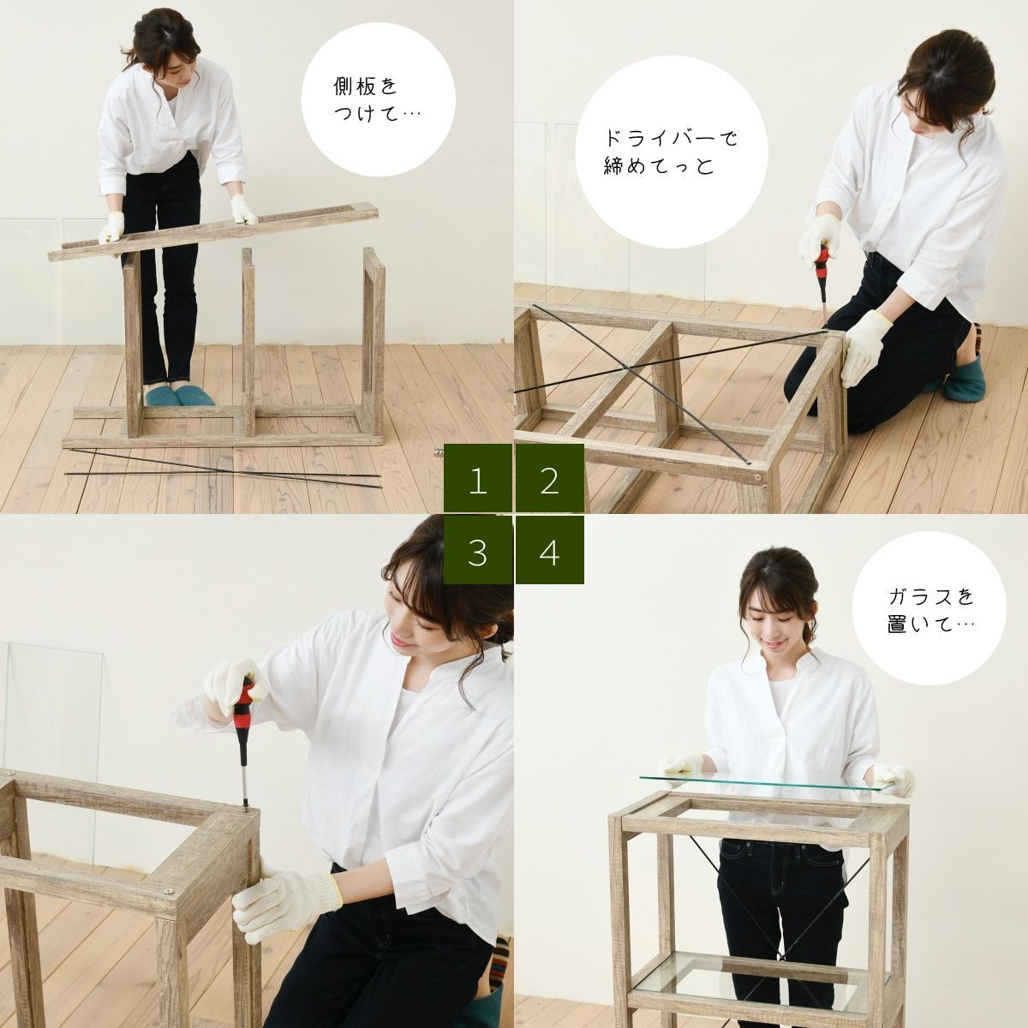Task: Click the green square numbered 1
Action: click(x=478, y=481)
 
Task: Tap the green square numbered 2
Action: click(x=550, y=481)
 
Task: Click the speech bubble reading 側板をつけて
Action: click(x=378, y=100)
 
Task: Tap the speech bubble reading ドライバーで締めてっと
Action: click(x=669, y=152)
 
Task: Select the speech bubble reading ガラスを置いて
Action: click(x=930, y=609)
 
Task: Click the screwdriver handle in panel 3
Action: click(x=242, y=703)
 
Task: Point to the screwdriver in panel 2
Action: click(x=821, y=274)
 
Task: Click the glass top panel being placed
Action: click(x=771, y=776)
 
